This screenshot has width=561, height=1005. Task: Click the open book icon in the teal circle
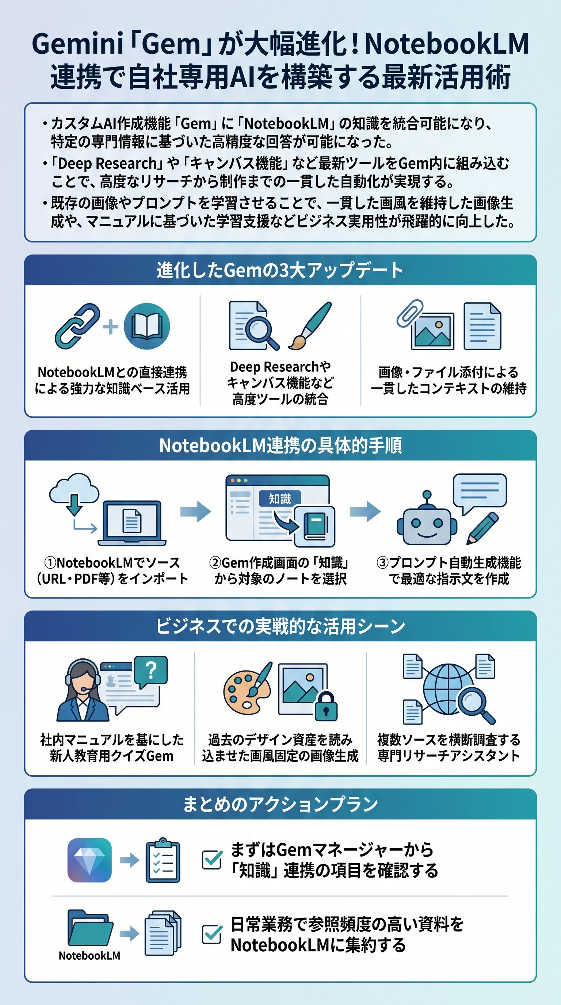pyautogui.click(x=147, y=326)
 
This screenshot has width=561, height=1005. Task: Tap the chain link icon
pyautogui.click(x=77, y=326)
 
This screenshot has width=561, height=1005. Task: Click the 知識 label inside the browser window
pyautogui.click(x=280, y=499)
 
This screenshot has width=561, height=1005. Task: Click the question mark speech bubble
pyautogui.click(x=151, y=670)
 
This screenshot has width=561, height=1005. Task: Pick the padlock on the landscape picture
pyautogui.click(x=325, y=706)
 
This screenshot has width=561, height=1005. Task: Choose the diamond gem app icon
pyautogui.click(x=89, y=860)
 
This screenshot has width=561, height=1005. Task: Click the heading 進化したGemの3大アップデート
pyautogui.click(x=280, y=270)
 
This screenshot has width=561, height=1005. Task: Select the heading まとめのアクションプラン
pyautogui.click(x=280, y=804)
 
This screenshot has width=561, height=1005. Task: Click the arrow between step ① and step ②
pyautogui.click(x=196, y=511)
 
